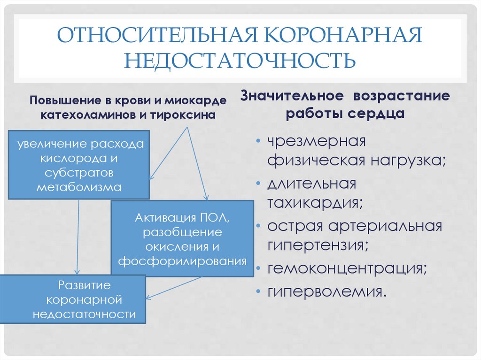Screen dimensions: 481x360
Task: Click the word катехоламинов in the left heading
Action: click(88, 115)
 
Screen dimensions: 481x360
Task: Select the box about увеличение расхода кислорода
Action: click(79, 165)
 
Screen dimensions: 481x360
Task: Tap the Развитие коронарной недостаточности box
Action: click(73, 299)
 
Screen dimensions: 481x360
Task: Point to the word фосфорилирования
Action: click(182, 261)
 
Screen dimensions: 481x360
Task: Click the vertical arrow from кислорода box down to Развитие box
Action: click(78, 237)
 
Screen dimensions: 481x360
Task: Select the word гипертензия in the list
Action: click(318, 245)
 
